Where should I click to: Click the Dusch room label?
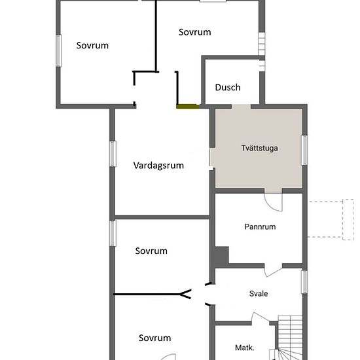click(228, 88)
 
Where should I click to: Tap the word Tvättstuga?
click(259, 148)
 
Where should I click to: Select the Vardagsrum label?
click(158, 166)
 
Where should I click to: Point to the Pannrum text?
click(260, 227)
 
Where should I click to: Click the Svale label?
click(259, 294)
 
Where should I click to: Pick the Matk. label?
click(245, 348)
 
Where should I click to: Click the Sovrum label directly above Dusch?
click(194, 32)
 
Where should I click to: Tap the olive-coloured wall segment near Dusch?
click(188, 106)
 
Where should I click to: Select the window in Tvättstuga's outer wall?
click(304, 150)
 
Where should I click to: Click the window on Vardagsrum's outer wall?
click(113, 154)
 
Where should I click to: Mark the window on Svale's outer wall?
click(304, 281)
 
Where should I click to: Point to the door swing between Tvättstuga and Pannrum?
click(273, 202)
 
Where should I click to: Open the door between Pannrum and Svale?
click(273, 270)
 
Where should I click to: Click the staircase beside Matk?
click(290, 338)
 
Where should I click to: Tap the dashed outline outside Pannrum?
click(331, 219)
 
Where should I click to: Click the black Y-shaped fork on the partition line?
click(185, 294)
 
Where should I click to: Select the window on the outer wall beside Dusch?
click(262, 44)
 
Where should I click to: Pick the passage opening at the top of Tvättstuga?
click(241, 107)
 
